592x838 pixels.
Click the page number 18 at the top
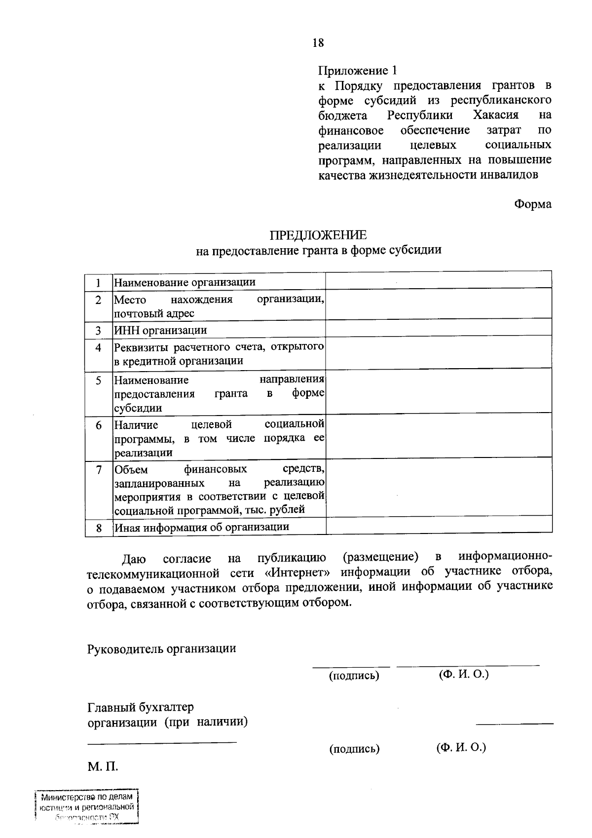click(318, 43)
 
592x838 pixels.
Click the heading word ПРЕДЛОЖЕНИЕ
click(318, 235)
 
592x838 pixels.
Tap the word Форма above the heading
click(533, 204)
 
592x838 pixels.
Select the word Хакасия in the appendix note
click(495, 115)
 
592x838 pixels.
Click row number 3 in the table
click(98, 330)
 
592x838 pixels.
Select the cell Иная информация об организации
click(201, 527)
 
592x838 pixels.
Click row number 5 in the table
click(99, 381)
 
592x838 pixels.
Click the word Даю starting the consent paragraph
click(134, 559)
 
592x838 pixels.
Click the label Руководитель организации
click(161, 648)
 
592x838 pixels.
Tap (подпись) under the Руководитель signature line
click(354, 676)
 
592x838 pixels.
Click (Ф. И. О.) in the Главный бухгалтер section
click(461, 747)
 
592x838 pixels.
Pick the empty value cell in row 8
click(438, 526)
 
